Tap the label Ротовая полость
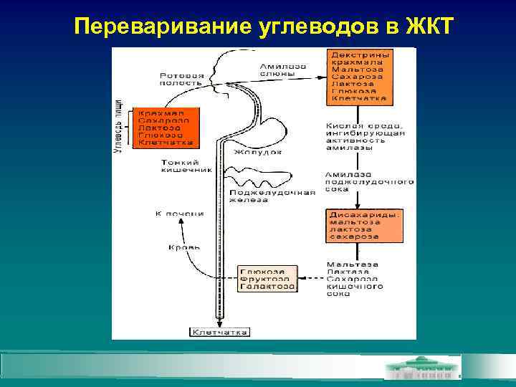point(182,79)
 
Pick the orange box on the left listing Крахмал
point(161,128)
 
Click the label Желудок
point(257,152)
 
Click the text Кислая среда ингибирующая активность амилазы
point(365,135)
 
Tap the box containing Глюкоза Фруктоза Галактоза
point(267,279)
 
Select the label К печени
point(179,214)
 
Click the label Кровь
point(184,247)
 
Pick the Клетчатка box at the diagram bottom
point(220,332)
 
